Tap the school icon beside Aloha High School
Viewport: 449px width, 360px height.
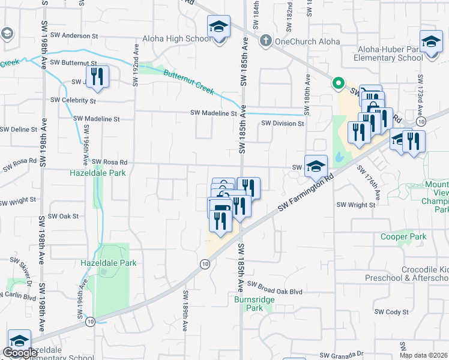218,27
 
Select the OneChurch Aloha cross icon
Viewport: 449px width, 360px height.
265,41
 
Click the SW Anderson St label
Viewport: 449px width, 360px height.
74,36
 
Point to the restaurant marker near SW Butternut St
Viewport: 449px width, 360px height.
97,76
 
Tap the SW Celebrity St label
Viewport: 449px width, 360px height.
73,100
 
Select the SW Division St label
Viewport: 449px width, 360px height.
283,124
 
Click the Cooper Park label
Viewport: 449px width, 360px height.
403,237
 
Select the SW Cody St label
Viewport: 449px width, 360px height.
391,312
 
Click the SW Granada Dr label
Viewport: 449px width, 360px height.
342,355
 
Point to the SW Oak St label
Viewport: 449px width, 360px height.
64,216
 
